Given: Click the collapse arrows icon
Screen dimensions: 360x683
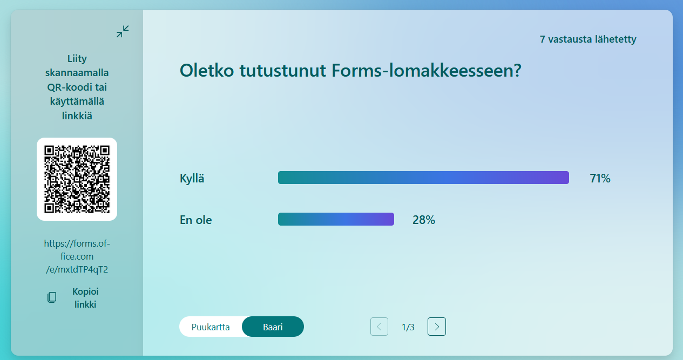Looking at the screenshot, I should (x=123, y=32).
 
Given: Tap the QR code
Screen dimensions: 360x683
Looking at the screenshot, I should (x=77, y=179).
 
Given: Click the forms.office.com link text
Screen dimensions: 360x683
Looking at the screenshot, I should (x=77, y=256).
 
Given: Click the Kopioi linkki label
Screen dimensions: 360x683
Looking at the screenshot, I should (x=85, y=297).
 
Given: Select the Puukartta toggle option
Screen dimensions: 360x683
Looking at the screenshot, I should (x=211, y=327).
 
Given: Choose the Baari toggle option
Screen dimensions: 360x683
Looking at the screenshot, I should (x=273, y=327).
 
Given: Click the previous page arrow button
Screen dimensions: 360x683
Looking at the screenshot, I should (x=379, y=327).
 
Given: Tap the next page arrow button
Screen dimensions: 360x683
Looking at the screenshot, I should (x=436, y=327).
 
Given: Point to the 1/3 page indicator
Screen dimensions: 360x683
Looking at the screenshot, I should (x=408, y=327).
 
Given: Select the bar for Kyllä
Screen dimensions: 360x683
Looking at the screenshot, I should (x=423, y=178).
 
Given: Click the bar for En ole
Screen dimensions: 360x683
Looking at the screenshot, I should (x=336, y=219).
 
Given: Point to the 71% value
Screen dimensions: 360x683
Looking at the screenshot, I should (x=600, y=178).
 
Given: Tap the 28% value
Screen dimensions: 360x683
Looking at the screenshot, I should (x=424, y=220).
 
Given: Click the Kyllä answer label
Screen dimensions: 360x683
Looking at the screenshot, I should (x=192, y=179).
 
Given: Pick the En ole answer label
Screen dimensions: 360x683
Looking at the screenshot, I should (x=195, y=220).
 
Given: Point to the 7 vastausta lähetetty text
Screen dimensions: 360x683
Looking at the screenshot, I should (x=587, y=39).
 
